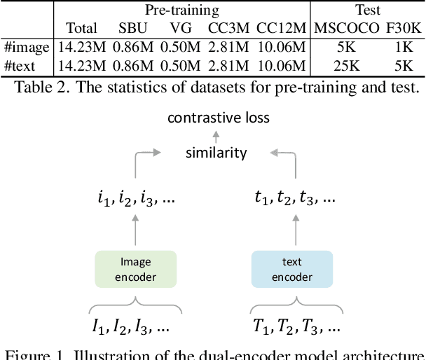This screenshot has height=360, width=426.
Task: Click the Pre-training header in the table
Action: pos(181,10)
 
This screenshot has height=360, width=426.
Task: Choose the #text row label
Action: pos(22,66)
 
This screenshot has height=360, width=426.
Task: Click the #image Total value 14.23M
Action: pos(81,48)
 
